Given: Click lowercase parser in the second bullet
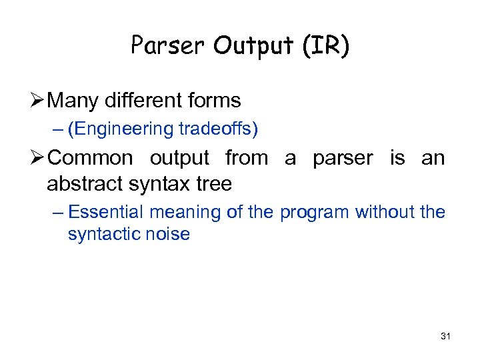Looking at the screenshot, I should tap(343, 159).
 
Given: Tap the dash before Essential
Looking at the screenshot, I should tap(58, 213).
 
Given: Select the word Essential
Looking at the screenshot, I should tap(106, 212).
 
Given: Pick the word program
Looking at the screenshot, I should tap(315, 213).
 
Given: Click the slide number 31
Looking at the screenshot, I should tap(446, 337).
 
